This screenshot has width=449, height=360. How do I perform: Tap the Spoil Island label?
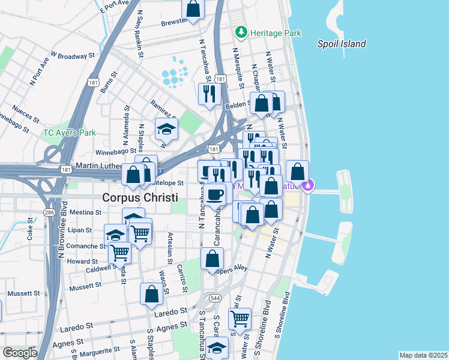342,44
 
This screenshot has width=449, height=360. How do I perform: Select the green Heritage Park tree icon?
241,31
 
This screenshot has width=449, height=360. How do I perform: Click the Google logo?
20,353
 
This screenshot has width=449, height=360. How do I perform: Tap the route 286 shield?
47,212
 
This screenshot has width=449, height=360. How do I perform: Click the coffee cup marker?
215,194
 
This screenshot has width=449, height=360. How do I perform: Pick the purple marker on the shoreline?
308,187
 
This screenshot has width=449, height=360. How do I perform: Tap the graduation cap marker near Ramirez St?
167,128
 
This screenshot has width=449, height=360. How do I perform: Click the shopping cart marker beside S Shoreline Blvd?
240,317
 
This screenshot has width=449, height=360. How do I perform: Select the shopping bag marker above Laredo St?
151,293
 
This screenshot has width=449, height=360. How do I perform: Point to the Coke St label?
29,232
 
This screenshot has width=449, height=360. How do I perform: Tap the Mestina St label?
85,212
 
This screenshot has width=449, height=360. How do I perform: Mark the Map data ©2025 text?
423,355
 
